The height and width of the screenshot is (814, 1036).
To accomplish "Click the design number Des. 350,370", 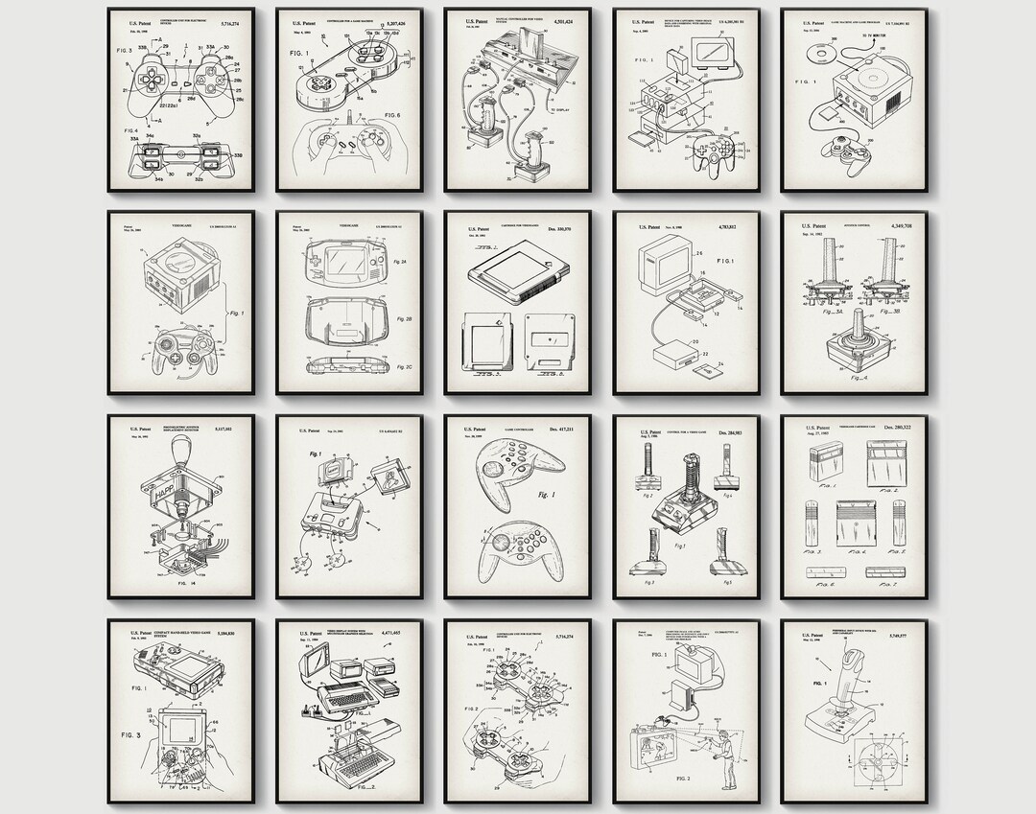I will (x=559, y=229).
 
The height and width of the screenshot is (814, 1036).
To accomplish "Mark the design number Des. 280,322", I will (x=897, y=429).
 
